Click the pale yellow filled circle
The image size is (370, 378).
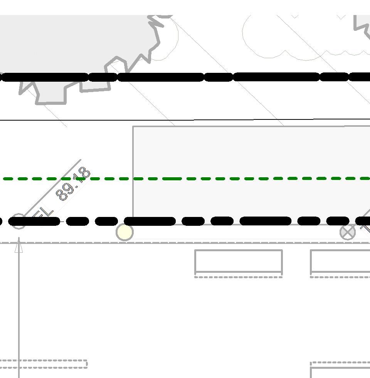tap(124, 232)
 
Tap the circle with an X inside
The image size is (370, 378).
tap(347, 232)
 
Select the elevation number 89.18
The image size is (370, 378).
tap(73, 184)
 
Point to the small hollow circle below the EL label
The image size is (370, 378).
tap(18, 221)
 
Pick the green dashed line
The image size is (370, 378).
tap(231, 179)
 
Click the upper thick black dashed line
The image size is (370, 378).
tap(162, 77)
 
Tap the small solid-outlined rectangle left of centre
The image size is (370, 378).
tap(239, 261)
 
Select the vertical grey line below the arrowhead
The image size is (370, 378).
tap(18, 308)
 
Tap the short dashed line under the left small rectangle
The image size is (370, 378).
tap(239, 277)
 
